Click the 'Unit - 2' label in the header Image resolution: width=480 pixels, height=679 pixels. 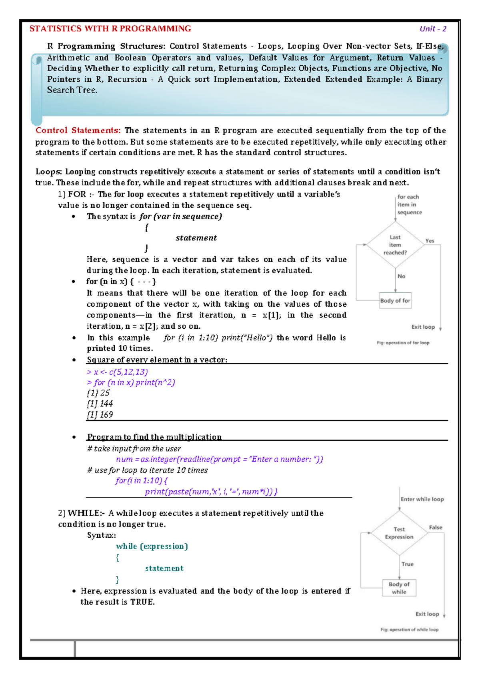tap(433, 29)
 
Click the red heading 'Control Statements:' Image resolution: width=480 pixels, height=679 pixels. tap(78, 131)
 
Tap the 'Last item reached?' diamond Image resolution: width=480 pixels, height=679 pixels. tap(395, 245)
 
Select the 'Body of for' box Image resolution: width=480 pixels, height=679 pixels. tap(395, 301)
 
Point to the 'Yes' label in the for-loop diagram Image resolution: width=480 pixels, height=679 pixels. tap(430, 241)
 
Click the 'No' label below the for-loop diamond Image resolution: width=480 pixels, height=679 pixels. tap(401, 276)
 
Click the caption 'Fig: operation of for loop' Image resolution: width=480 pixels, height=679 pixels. tap(403, 343)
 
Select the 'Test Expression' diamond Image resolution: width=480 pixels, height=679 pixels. tap(399, 533)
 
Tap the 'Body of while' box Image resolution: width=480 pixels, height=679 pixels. tap(399, 588)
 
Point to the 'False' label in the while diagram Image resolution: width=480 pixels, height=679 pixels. tap(436, 527)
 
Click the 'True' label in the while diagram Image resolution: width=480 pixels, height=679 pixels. tap(407, 564)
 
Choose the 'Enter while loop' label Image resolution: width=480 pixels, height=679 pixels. tap(422, 499)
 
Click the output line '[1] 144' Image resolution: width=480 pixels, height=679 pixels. tap(100, 404)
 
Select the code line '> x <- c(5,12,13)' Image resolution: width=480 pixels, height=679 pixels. tap(117, 372)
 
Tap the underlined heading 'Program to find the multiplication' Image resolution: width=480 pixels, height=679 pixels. tap(154, 437)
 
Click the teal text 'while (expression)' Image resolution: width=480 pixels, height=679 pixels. tap(152, 546)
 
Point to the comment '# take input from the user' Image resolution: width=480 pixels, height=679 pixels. tap(134, 449)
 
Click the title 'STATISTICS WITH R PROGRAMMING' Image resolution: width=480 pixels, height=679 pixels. tap(110, 29)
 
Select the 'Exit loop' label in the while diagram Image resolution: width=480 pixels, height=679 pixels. tap(427, 614)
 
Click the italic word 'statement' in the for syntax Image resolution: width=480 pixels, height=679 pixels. tap(196, 238)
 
